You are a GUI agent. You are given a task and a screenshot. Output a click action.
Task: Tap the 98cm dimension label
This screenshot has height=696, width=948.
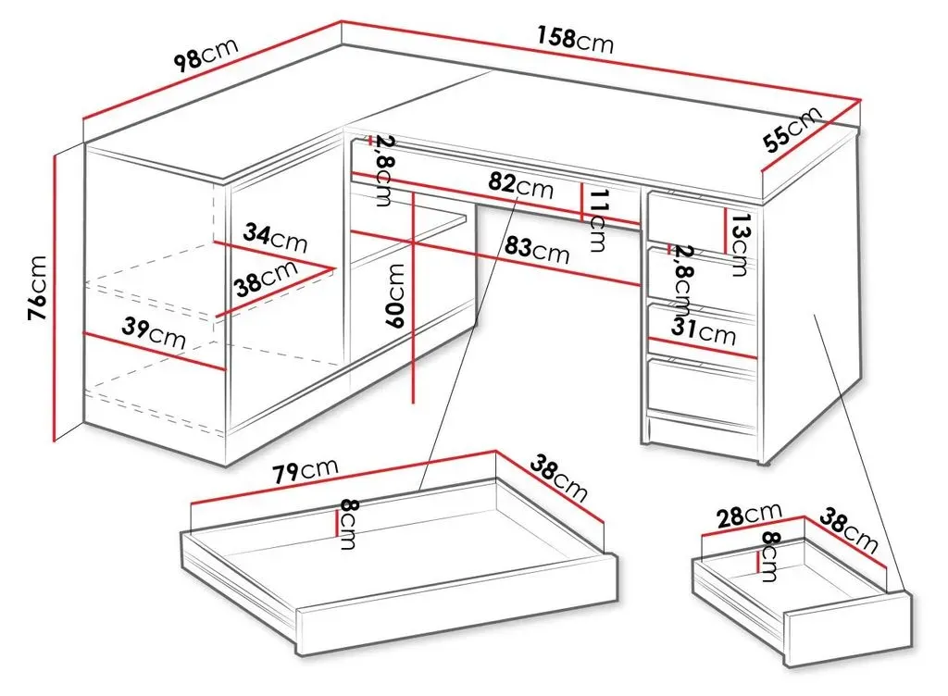(206, 53)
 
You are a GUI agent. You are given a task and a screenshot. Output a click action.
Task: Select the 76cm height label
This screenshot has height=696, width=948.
(37, 287)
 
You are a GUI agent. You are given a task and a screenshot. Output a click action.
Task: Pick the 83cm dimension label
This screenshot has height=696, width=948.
(537, 248)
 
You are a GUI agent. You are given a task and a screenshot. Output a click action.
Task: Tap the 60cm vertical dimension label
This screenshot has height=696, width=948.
(395, 295)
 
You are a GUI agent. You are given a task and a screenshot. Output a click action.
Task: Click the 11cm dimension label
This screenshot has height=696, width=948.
(597, 220)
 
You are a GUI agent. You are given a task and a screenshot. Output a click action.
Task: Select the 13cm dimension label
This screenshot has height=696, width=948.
(739, 244)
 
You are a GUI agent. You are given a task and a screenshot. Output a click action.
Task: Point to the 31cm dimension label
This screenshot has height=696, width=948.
(704, 331)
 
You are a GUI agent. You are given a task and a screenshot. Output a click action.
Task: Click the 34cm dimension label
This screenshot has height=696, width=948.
(275, 237)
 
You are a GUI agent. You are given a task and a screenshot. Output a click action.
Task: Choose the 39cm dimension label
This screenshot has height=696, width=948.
(154, 333)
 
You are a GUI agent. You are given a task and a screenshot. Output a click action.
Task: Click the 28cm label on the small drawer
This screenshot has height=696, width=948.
(749, 516)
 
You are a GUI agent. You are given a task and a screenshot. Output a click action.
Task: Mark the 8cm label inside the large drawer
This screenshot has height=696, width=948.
(349, 524)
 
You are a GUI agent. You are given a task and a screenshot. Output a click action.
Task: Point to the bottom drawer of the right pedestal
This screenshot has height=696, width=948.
(702, 387)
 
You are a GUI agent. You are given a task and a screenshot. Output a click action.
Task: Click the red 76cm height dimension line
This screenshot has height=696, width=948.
(54, 298)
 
